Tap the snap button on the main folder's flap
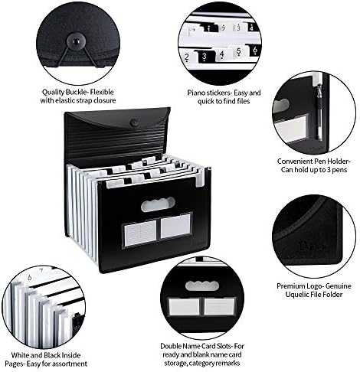pyautogui.click(x=135, y=123)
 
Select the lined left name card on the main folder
pyautogui.click(x=140, y=233)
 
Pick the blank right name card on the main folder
pyautogui.click(x=175, y=226)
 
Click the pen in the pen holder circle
pyautogui.click(x=319, y=113)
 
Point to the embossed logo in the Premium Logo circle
pyautogui.click(x=312, y=246)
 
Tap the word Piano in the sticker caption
pyautogui.click(x=196, y=93)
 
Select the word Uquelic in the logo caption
pyautogui.click(x=297, y=295)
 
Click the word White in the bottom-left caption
pyautogui.click(x=19, y=355)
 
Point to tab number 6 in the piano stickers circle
pyautogui.click(x=255, y=51)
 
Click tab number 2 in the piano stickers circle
pyautogui.click(x=187, y=57)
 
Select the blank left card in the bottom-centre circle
pyautogui.click(x=184, y=307)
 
